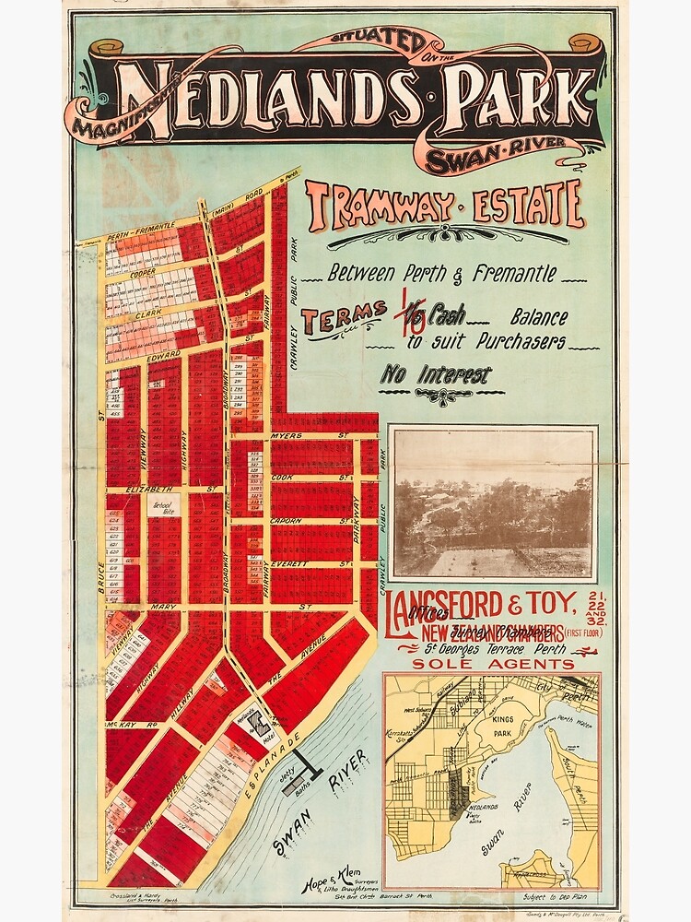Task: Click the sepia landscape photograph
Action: [493, 502]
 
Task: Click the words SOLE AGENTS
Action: [493, 664]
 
